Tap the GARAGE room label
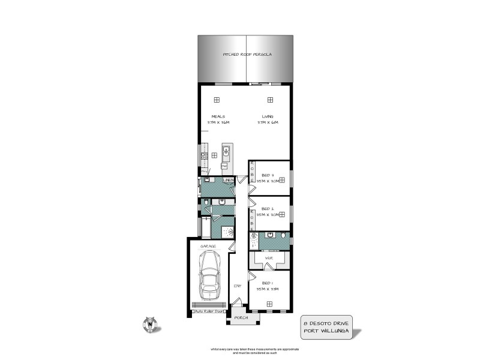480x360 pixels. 208,246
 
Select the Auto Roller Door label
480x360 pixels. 209,312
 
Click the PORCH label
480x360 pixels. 241,317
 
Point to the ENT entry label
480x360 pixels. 237,286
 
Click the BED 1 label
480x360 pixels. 268,283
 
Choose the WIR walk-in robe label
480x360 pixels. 269,258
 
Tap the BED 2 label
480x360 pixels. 268,209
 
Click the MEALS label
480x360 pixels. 218,116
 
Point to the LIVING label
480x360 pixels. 268,116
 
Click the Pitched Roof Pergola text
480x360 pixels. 247,55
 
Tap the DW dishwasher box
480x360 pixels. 224,166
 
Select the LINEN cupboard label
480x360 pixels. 229,180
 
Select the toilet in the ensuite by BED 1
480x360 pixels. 283,235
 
